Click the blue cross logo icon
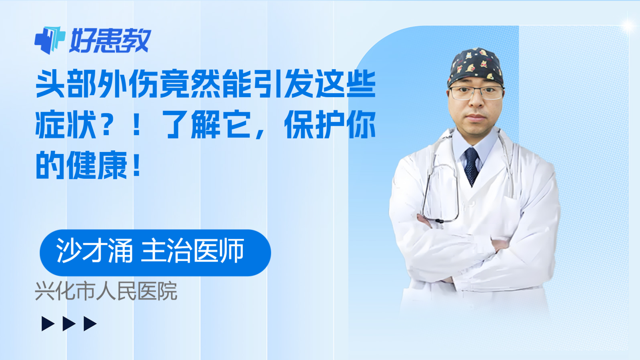tap(50, 40)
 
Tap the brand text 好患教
tap(110, 40)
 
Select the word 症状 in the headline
tap(66, 125)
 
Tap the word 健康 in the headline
tap(97, 165)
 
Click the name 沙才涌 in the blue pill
tap(94, 250)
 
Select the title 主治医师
tap(192, 250)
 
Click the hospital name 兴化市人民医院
tap(106, 291)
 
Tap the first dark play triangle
tap(48, 324)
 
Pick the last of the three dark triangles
tap(90, 324)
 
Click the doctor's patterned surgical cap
tap(476, 67)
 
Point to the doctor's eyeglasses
tap(476, 92)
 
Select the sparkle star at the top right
tap(629, 26)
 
